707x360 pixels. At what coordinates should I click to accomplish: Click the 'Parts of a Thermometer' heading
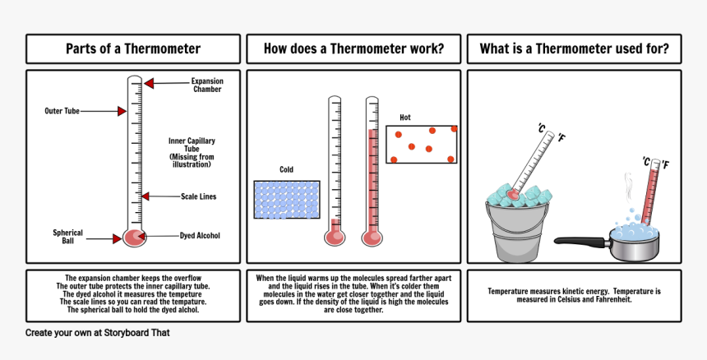[x=133, y=48]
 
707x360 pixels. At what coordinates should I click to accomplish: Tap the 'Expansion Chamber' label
[x=207, y=85]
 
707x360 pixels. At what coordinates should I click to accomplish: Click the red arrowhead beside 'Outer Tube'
[x=122, y=111]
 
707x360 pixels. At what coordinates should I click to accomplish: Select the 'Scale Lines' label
[x=198, y=196]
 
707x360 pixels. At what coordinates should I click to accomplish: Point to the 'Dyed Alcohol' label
[x=200, y=236]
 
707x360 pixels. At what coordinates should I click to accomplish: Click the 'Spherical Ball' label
[x=67, y=237]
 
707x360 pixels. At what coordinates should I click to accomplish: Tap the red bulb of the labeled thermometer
[x=134, y=238]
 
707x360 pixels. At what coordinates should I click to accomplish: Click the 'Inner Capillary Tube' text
[x=192, y=152]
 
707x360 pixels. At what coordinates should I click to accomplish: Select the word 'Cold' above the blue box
[x=286, y=169]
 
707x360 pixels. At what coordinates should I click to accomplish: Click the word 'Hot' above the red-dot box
[x=405, y=118]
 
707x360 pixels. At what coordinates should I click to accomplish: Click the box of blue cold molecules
[x=287, y=200]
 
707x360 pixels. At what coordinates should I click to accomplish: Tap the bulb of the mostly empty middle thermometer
[x=335, y=237]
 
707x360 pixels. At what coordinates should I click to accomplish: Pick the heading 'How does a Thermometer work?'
[x=353, y=48]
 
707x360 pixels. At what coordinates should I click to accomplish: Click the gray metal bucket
[x=518, y=232]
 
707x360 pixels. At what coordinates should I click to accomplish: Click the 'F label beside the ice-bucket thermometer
[x=561, y=137]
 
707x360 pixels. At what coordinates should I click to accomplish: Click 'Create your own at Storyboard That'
[x=97, y=333]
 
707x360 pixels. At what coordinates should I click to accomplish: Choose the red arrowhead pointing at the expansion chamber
[x=149, y=83]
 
